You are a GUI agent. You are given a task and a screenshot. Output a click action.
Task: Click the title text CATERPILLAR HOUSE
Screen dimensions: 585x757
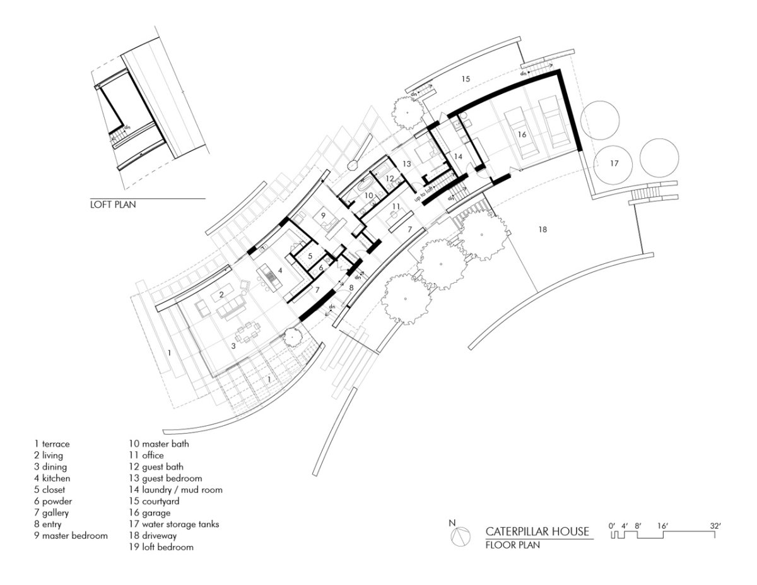(x=537, y=531)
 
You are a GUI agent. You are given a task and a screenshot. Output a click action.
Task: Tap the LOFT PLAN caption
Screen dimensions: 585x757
(x=113, y=204)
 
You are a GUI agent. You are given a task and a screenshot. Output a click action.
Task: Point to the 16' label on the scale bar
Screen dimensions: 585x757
(x=662, y=525)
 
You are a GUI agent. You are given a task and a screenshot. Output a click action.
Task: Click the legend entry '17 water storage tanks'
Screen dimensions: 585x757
(x=173, y=524)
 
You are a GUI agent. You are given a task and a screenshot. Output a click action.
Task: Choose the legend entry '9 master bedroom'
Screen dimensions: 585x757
(x=71, y=535)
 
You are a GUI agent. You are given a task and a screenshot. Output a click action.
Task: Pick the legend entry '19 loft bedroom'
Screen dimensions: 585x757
(x=160, y=547)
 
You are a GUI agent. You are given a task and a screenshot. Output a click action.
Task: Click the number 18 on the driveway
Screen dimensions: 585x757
(x=542, y=230)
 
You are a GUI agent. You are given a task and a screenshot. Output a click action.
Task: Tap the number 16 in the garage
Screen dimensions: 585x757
(x=522, y=134)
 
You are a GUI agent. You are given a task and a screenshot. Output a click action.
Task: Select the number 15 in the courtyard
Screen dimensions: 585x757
(x=465, y=80)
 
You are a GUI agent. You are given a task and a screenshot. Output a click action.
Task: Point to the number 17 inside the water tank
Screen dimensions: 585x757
(x=615, y=163)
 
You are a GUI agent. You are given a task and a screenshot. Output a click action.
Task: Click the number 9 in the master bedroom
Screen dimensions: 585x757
(x=322, y=215)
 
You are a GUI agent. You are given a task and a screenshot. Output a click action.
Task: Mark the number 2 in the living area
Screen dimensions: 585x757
(x=222, y=295)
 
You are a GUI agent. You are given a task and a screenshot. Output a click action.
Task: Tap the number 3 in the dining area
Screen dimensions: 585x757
(x=233, y=346)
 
